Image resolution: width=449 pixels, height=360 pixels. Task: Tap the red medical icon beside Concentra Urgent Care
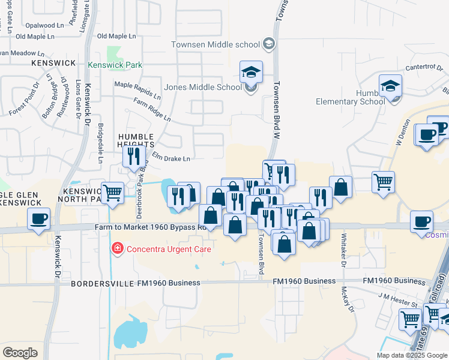[116, 248]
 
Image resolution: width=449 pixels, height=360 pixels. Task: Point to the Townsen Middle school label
[215, 44]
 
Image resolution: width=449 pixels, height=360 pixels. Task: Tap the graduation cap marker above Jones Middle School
[251, 73]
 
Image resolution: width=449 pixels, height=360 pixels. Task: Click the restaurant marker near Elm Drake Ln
[133, 157]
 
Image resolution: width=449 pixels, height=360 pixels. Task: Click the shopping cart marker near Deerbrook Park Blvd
[112, 193]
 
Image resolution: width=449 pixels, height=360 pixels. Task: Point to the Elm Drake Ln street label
[170, 158]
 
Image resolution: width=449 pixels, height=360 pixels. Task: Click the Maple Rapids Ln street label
[137, 91]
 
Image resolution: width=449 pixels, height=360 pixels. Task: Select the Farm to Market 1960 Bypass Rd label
[151, 227]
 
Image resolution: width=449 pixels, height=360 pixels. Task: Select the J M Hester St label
[398, 296]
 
